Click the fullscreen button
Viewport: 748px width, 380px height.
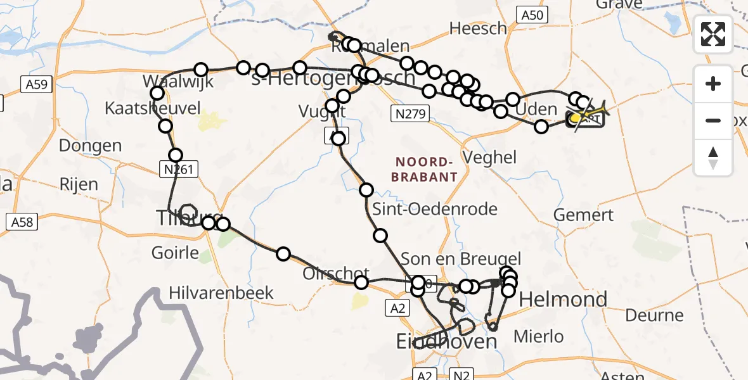tap(713, 34)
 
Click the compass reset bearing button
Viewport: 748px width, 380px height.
tap(713, 158)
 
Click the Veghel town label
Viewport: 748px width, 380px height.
tap(490, 157)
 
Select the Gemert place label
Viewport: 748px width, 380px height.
tap(583, 214)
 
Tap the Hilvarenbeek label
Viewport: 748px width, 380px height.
tap(221, 293)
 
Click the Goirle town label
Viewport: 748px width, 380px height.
tap(175, 253)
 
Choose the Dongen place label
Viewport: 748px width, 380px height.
tap(90, 146)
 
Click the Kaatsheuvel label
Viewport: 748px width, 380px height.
tap(153, 107)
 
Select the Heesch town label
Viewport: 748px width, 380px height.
tap(478, 28)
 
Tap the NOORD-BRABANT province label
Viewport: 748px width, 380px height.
tap(424, 168)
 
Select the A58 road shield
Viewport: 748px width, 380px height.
tap(21, 222)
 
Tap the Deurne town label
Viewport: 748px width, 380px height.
tap(654, 315)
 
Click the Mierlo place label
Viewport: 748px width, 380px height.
tap(539, 336)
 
